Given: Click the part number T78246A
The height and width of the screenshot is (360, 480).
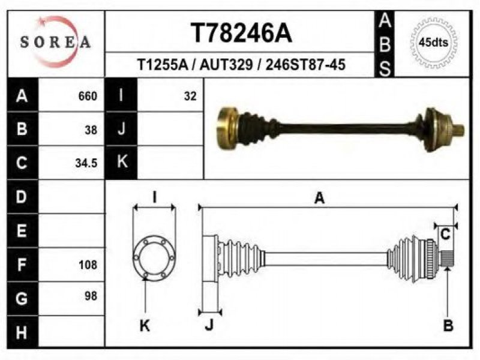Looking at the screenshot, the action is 242,33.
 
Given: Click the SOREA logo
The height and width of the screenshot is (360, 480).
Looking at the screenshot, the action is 55,42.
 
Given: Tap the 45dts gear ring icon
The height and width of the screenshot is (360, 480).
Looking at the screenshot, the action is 433,42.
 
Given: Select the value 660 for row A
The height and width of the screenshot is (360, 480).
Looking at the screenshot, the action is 88,96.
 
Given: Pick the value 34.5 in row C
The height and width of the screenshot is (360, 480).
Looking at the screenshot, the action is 86,163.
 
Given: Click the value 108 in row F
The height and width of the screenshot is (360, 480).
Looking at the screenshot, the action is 88,265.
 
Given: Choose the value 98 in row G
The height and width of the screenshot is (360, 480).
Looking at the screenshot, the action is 91,296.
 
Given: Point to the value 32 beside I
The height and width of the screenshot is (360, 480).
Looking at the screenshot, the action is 190,96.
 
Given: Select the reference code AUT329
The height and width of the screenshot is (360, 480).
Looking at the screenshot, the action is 226,65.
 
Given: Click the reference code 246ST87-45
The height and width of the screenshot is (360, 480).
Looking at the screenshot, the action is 305,65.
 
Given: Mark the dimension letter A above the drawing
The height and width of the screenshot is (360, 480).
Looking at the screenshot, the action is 319,198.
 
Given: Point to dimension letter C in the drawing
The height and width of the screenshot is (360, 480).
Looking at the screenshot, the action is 445,235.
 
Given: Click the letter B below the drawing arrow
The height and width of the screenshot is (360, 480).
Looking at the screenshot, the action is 448,325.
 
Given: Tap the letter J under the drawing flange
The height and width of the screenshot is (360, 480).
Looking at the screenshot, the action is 209,325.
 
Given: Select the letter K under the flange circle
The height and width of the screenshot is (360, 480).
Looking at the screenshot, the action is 145,326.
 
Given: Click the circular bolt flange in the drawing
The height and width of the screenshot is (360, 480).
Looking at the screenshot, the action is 134,257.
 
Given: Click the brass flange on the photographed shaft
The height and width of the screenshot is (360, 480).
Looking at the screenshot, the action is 226,129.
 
